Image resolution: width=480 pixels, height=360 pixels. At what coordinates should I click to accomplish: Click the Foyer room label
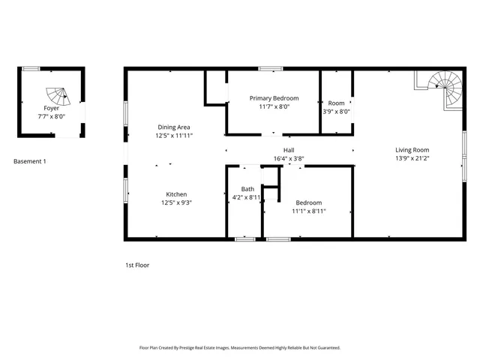coord(51,109)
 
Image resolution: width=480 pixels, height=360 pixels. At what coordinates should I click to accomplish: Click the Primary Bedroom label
coord(274,98)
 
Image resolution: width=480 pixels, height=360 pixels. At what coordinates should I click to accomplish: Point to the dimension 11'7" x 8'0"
coord(274,106)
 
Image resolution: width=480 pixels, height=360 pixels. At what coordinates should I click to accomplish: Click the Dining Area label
coord(172,127)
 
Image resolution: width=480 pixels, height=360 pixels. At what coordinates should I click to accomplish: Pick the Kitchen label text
coord(176,194)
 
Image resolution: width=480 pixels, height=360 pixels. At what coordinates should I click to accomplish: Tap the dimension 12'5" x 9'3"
coord(176,202)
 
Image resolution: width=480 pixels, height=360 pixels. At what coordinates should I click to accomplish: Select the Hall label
coord(289,150)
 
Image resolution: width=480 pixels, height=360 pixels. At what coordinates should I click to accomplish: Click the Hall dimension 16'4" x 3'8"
coord(289,158)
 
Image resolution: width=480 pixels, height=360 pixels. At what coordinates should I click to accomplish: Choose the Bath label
coord(247,189)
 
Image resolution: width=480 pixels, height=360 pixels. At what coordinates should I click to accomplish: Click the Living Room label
coord(413,150)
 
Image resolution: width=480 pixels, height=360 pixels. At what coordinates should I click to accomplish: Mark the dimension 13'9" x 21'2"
coord(413,158)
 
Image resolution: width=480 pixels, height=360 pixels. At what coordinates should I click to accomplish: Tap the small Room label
coord(336,103)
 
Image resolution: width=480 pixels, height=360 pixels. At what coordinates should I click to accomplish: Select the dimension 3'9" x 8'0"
coord(336,112)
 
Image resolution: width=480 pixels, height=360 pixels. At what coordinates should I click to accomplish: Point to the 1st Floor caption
coord(137,265)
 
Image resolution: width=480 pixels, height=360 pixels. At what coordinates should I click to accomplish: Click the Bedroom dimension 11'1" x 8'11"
coord(308,211)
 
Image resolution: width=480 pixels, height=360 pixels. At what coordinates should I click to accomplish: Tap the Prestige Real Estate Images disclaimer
coord(240,348)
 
